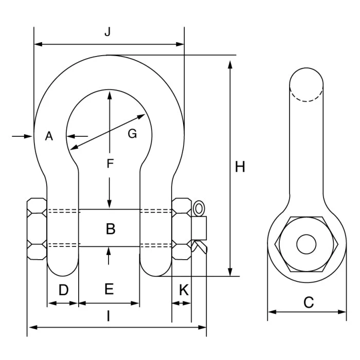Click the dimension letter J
tap(107, 32)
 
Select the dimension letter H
tap(240, 167)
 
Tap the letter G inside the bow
tap(132, 134)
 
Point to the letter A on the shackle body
tap(49, 136)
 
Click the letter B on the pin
tap(111, 229)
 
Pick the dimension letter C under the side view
tap(309, 302)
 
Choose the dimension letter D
tap(64, 290)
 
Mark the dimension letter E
tap(109, 289)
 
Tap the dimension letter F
tap(110, 164)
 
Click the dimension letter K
tap(184, 290)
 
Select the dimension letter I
tap(109, 316)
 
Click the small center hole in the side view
tap(307, 244)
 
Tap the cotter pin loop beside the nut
tap(199, 209)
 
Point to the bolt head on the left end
tap(37, 229)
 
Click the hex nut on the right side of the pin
tap(182, 229)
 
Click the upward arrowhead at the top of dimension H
tap(230, 65)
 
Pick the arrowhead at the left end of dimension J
tap(39, 44)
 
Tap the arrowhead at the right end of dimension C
tap(342, 312)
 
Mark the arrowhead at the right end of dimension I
tap(202, 327)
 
